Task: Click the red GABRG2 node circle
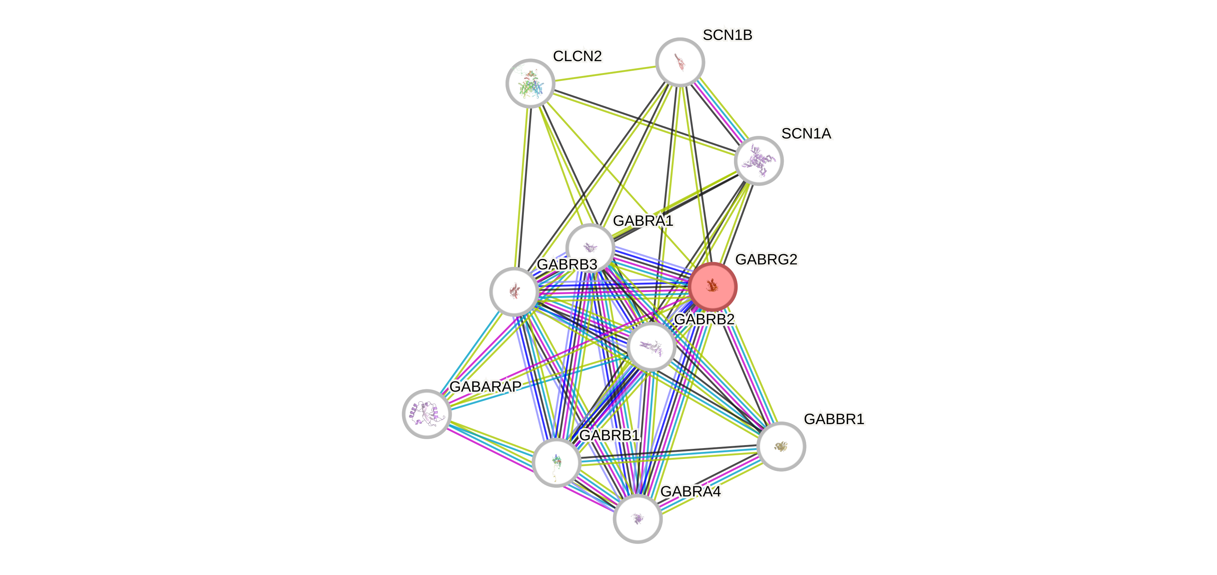(x=712, y=286)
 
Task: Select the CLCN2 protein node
(x=530, y=83)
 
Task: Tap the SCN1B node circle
(x=680, y=62)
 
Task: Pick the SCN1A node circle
(x=759, y=161)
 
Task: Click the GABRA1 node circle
(x=590, y=247)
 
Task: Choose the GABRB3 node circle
(x=514, y=292)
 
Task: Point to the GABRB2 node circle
(x=652, y=347)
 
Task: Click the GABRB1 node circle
(x=556, y=462)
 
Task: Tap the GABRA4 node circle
(x=637, y=519)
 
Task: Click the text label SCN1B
(x=727, y=35)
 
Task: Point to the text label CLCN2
(x=577, y=56)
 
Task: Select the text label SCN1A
(x=806, y=134)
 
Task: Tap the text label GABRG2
(x=766, y=259)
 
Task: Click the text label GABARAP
(x=485, y=386)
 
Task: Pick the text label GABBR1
(x=834, y=419)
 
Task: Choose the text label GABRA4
(x=690, y=492)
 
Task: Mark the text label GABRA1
(x=643, y=220)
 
